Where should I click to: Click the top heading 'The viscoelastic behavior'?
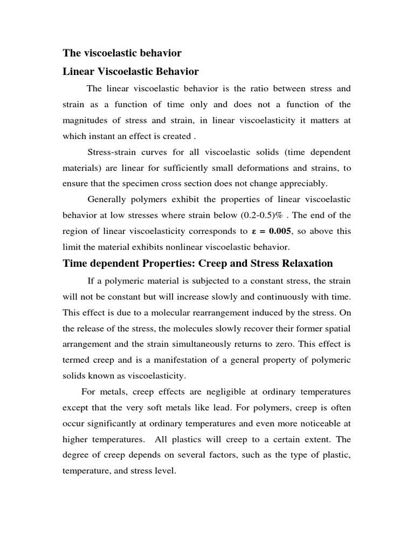(x=122, y=53)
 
